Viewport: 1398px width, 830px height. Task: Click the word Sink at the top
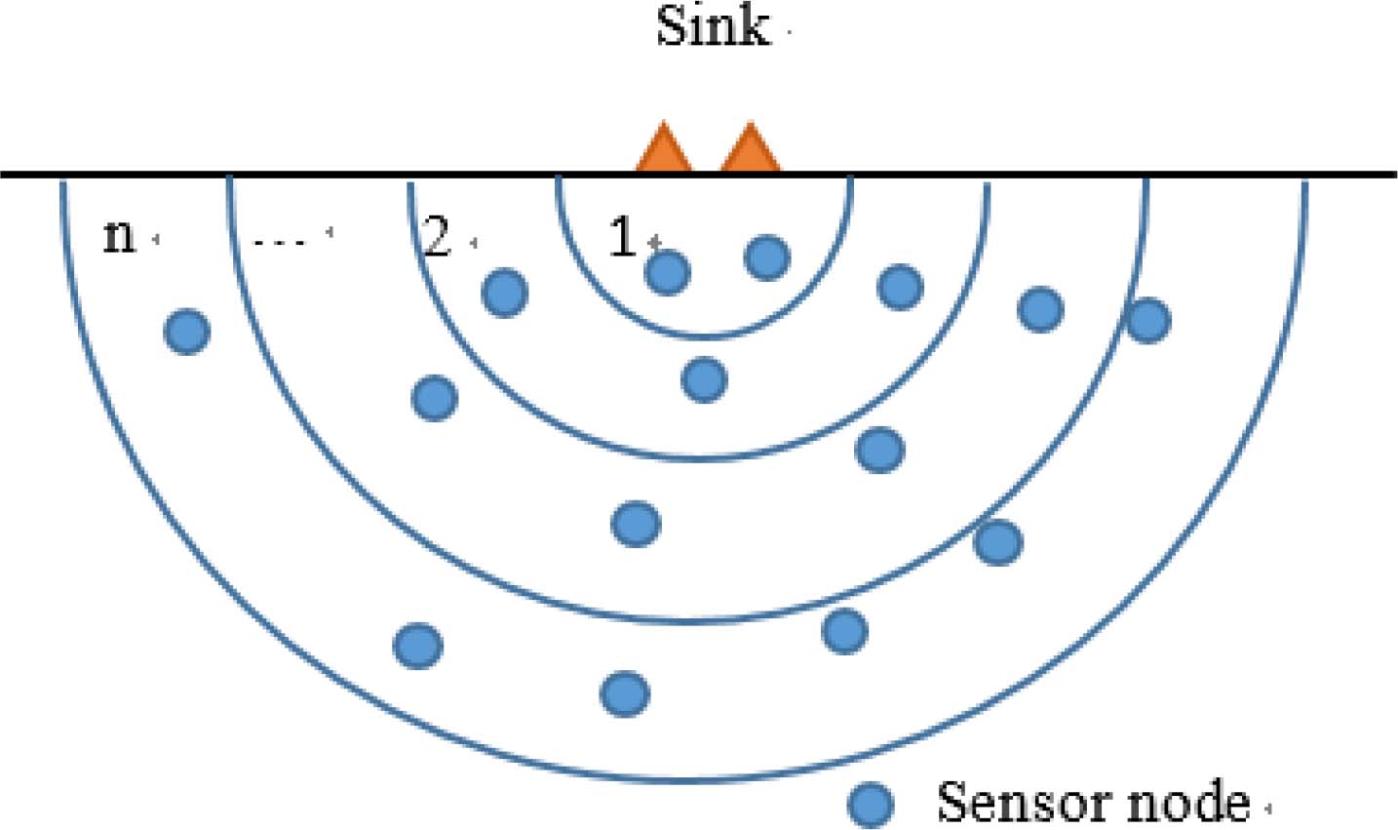712,26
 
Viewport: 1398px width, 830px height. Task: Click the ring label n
119,236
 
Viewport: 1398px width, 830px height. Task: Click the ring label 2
437,237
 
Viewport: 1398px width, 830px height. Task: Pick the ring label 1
622,237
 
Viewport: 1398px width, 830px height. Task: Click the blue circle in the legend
870,805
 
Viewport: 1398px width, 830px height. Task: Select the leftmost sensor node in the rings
187,332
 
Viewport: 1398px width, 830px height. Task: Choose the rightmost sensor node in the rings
1147,320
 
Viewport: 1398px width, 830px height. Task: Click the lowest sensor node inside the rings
624,693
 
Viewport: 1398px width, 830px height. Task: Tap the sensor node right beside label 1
668,272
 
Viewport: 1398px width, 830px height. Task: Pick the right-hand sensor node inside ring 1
767,257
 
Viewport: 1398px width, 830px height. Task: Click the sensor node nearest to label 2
505,292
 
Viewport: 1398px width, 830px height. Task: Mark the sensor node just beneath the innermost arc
704,378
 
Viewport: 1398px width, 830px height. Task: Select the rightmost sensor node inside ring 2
900,287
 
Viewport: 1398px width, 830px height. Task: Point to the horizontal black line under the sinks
292,176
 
